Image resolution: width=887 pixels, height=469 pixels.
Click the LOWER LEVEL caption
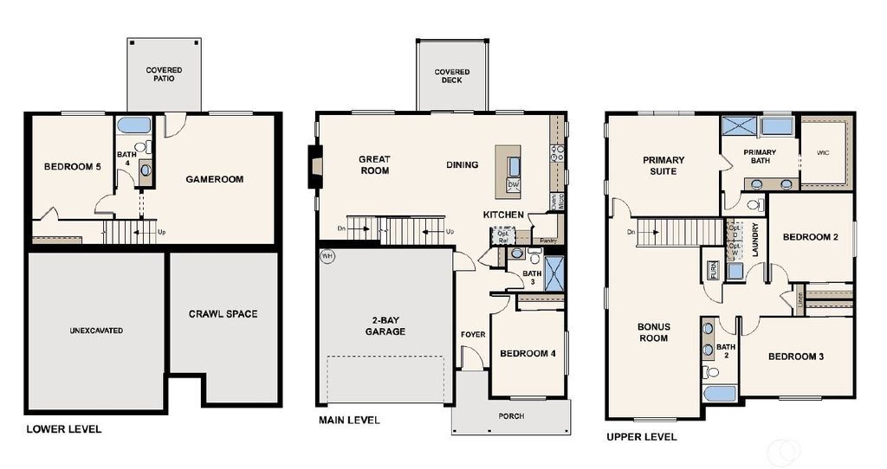pos(63,429)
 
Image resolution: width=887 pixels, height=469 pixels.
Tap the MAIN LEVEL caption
pos(348,421)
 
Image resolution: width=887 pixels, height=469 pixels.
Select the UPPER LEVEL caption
pos(641,437)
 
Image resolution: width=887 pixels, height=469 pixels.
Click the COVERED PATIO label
pos(164,74)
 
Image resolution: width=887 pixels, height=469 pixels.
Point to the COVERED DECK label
pos(452,76)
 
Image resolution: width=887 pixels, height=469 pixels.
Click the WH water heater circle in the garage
pos(327,257)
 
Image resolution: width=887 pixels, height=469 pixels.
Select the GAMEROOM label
pos(214,179)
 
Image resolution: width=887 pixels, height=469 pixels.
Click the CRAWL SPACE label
pos(223,313)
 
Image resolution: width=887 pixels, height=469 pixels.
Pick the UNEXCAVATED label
pos(96,331)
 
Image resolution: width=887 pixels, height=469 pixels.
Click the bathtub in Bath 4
pos(134,125)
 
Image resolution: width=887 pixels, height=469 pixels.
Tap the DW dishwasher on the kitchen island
pos(513,184)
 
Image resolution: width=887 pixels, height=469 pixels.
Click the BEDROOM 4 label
pos(528,353)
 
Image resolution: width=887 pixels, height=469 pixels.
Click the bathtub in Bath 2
pos(719,394)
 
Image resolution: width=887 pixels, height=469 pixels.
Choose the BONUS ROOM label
pos(654,332)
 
